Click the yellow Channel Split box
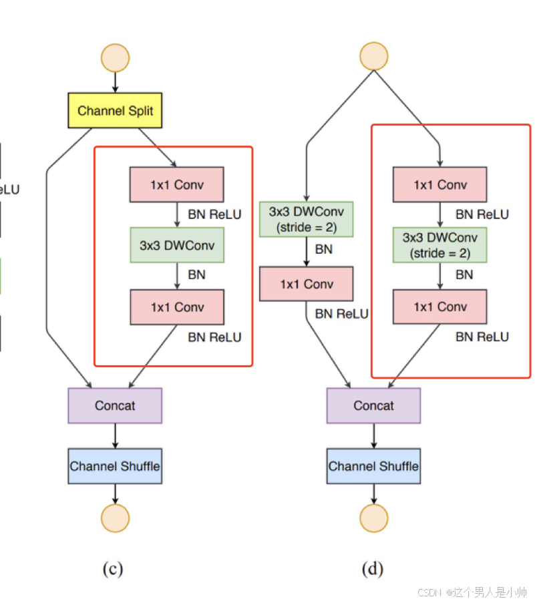(x=115, y=110)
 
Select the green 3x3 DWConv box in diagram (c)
(x=177, y=246)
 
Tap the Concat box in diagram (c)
(x=115, y=405)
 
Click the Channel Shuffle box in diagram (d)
(x=373, y=466)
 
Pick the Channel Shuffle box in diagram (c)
(x=115, y=466)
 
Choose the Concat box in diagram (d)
(x=373, y=405)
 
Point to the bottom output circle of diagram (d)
(x=373, y=518)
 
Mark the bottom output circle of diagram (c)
(x=115, y=518)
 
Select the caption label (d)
(x=372, y=569)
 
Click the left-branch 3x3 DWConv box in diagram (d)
(x=306, y=219)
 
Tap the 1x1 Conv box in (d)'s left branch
(x=306, y=284)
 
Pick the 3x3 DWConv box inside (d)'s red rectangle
(x=439, y=245)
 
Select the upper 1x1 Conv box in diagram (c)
(x=177, y=185)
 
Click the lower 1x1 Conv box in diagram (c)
(x=177, y=307)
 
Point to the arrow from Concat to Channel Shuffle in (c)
(x=115, y=435)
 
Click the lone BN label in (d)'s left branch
(x=324, y=250)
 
